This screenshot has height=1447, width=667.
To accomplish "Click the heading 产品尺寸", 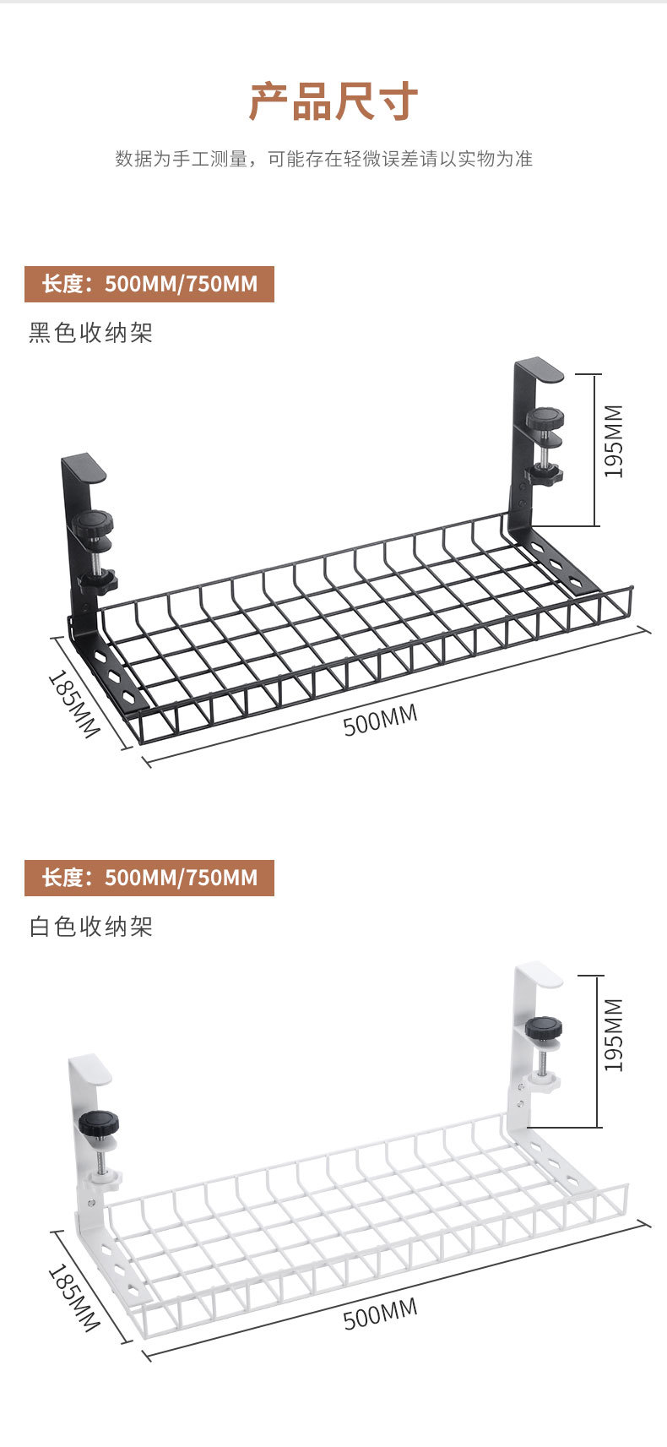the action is tap(333, 102).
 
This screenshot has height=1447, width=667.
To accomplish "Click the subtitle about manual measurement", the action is tap(324, 159).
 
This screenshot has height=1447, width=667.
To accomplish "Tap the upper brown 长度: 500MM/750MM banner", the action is tap(149, 284).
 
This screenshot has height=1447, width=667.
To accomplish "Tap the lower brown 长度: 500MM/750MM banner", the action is tap(149, 878).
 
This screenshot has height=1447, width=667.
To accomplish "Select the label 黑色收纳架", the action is tap(91, 333).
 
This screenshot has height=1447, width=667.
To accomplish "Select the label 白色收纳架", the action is tap(91, 927).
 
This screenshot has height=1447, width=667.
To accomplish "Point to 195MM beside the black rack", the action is tap(614, 441).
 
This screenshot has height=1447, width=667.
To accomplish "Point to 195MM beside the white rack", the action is tap(614, 1035).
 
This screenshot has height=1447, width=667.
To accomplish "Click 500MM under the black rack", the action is tap(380, 721).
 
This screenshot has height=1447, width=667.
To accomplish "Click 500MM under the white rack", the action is tap(380, 1314).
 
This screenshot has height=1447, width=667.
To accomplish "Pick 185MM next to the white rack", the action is tap(74, 1297).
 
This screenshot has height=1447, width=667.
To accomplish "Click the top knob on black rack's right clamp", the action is tap(545, 418).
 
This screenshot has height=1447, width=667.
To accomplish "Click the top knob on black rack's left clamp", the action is tap(92, 523).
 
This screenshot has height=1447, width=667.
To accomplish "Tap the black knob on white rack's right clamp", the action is tap(544, 1028).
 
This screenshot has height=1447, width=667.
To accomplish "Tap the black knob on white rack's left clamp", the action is tap(99, 1124).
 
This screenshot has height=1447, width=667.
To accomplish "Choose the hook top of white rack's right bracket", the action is tap(540, 973).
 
